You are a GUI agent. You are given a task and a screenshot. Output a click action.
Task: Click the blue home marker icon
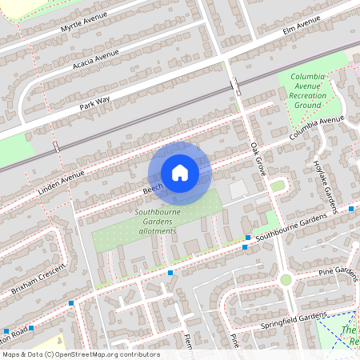pos(180,173)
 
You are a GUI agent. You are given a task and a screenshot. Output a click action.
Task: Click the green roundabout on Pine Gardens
pos(286,279)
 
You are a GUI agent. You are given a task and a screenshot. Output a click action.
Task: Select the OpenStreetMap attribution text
pos(80,354)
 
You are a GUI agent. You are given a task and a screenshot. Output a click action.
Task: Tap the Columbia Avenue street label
pos(317,127)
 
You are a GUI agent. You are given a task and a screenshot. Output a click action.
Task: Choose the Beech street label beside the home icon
pos(152,190)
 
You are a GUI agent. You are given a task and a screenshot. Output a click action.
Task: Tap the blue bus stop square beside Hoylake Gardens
pos(351,208)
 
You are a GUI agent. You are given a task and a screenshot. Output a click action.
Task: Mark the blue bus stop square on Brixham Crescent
pos(71,302)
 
